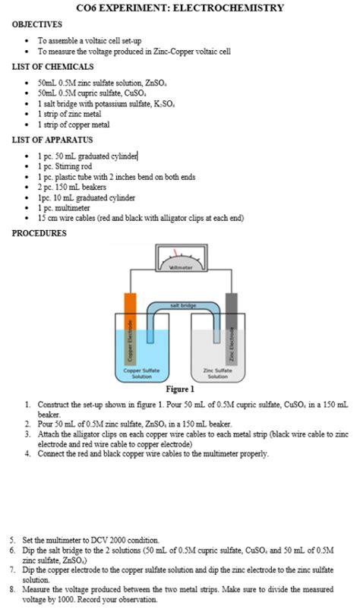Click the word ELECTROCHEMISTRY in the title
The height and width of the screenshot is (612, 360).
click(229, 8)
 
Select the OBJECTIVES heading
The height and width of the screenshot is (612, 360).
click(37, 25)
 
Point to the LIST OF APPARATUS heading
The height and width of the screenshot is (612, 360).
click(52, 140)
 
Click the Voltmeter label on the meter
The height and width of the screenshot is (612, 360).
click(181, 267)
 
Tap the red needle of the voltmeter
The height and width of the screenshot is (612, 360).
click(176, 254)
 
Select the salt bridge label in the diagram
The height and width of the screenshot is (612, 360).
click(183, 305)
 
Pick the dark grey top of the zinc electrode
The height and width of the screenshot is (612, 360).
click(232, 303)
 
